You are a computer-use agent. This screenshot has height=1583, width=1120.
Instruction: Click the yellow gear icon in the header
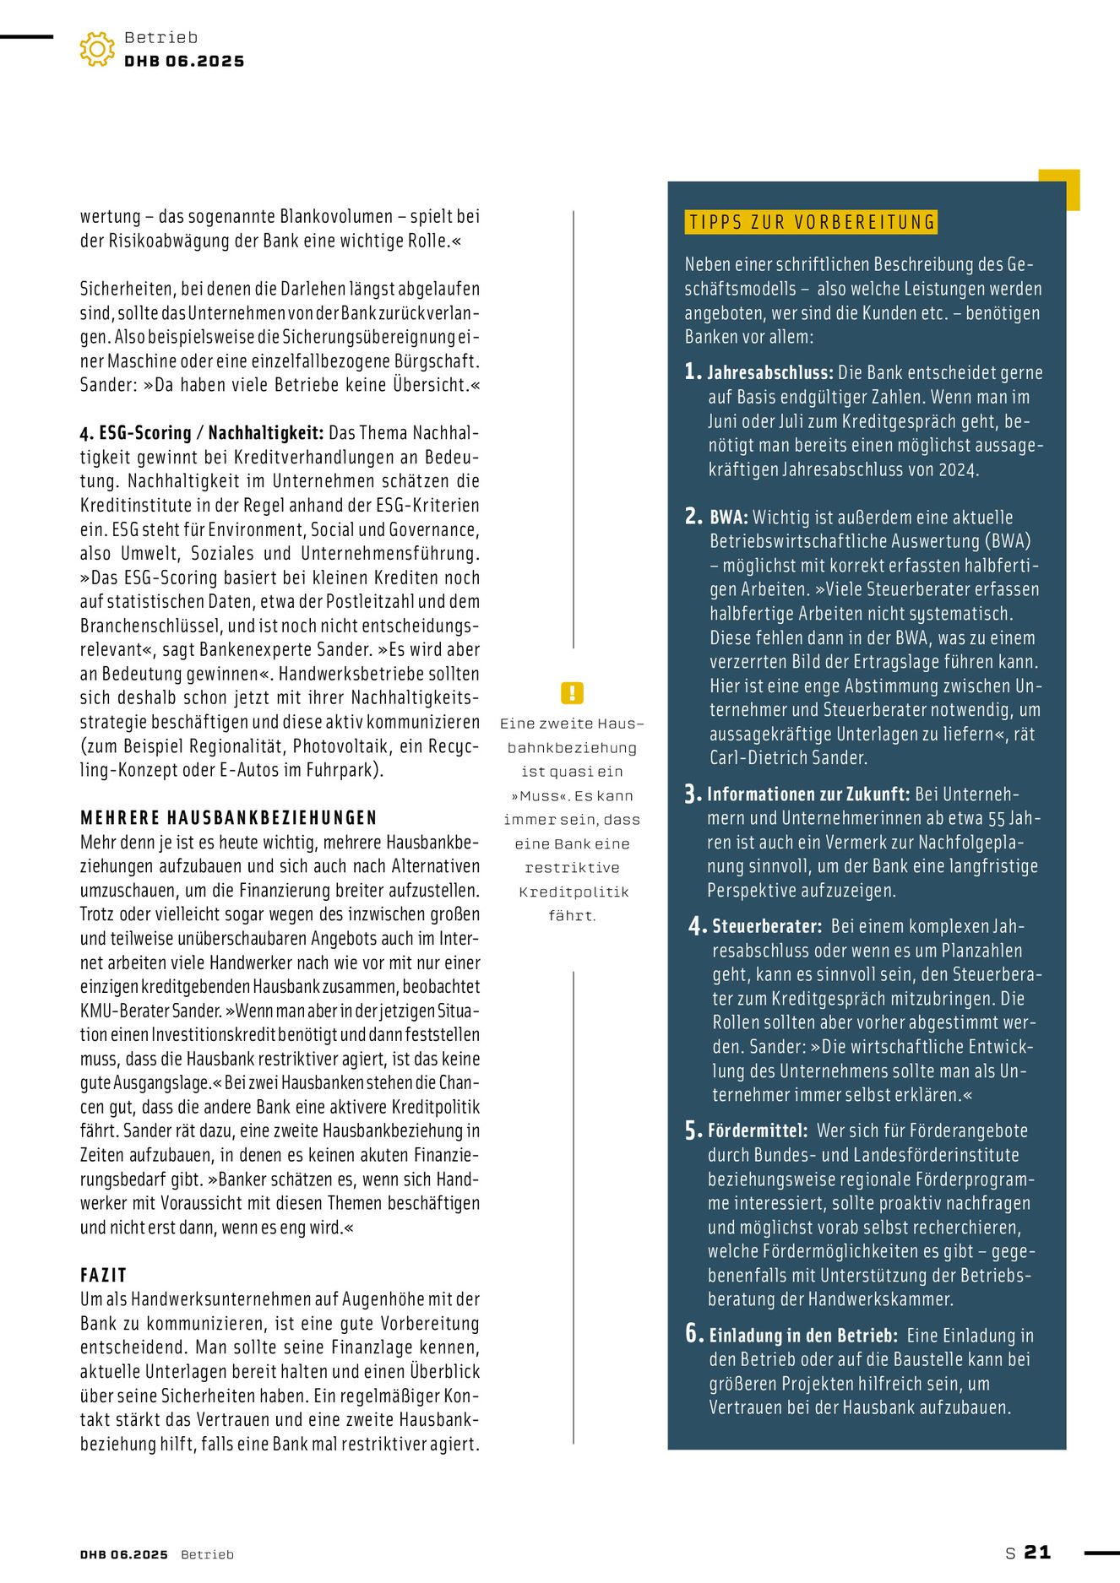(97, 50)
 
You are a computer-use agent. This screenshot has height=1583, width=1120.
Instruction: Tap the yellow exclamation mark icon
(572, 693)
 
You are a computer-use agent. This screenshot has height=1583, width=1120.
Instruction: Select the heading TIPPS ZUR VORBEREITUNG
(812, 222)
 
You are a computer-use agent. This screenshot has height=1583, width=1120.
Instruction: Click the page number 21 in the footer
(1037, 1552)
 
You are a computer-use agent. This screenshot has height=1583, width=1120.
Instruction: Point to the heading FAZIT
(103, 1275)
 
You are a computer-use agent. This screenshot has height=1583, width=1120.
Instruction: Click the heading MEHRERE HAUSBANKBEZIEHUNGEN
(229, 817)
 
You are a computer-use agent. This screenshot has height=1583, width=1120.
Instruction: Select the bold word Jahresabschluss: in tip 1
(770, 373)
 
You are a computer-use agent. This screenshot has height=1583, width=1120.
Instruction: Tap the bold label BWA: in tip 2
(729, 518)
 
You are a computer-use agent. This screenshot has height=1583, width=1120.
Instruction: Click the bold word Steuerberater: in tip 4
(767, 926)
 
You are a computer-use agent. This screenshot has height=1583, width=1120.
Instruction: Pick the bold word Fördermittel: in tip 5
(758, 1130)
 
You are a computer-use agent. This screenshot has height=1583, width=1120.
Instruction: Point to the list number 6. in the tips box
(693, 1334)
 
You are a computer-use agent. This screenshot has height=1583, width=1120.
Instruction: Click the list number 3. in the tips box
(693, 794)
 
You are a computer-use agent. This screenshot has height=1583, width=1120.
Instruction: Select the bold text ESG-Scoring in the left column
(145, 433)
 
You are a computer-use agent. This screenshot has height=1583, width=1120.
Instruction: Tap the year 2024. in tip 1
(959, 470)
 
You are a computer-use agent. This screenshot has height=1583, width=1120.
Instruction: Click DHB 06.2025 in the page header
(184, 61)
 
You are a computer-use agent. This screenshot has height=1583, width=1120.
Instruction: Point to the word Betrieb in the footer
(207, 1554)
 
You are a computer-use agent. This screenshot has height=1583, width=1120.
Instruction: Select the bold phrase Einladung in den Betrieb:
(802, 1336)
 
